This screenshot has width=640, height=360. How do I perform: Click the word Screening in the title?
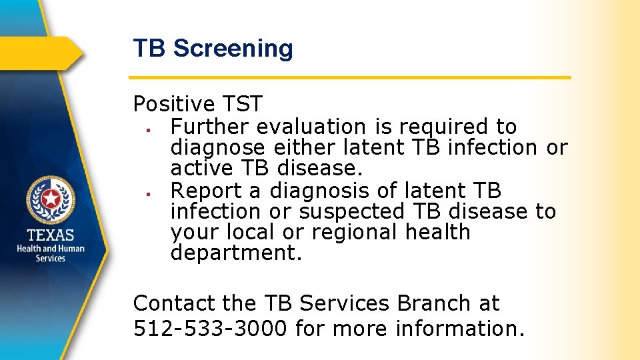[233, 49]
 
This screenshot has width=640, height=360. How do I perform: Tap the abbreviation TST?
[242, 104]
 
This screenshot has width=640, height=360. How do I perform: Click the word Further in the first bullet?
[211, 126]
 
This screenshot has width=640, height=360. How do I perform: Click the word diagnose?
[220, 147]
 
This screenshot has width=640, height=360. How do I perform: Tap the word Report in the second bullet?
[207, 191]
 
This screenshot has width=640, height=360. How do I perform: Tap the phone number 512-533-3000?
[211, 328]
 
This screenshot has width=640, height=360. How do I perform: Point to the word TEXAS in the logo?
[51, 235]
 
